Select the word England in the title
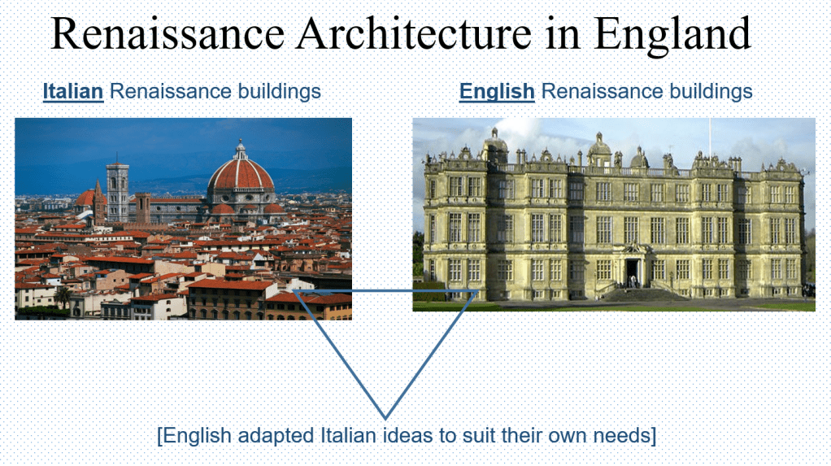point(672,36)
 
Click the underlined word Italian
point(73,91)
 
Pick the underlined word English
point(497,92)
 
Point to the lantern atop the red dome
point(241,149)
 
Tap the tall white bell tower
point(118,191)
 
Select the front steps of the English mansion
point(640,294)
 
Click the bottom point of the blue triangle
point(385,419)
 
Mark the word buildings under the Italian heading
point(279,92)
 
